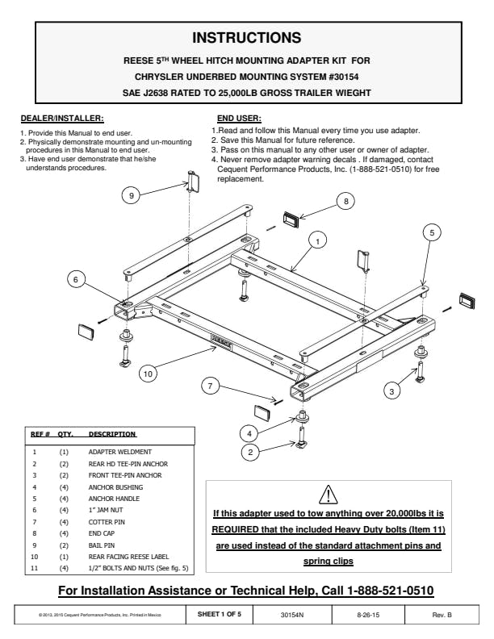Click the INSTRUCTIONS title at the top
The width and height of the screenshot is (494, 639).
(x=247, y=38)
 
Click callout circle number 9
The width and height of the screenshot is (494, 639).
(x=132, y=194)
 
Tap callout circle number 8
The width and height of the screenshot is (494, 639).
(x=345, y=202)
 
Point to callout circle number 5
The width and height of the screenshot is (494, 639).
(x=432, y=232)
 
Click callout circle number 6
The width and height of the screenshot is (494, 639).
(x=75, y=280)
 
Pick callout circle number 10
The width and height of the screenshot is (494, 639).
(x=148, y=373)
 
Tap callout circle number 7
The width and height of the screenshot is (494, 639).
(x=210, y=386)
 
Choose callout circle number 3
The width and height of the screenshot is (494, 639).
(x=391, y=391)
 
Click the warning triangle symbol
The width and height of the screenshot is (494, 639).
(x=328, y=494)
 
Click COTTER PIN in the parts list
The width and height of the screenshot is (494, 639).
(x=106, y=522)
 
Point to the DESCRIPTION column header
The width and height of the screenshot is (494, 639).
(x=111, y=434)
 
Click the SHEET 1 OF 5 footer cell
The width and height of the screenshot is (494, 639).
(x=220, y=615)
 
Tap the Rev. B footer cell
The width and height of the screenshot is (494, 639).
(x=442, y=615)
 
